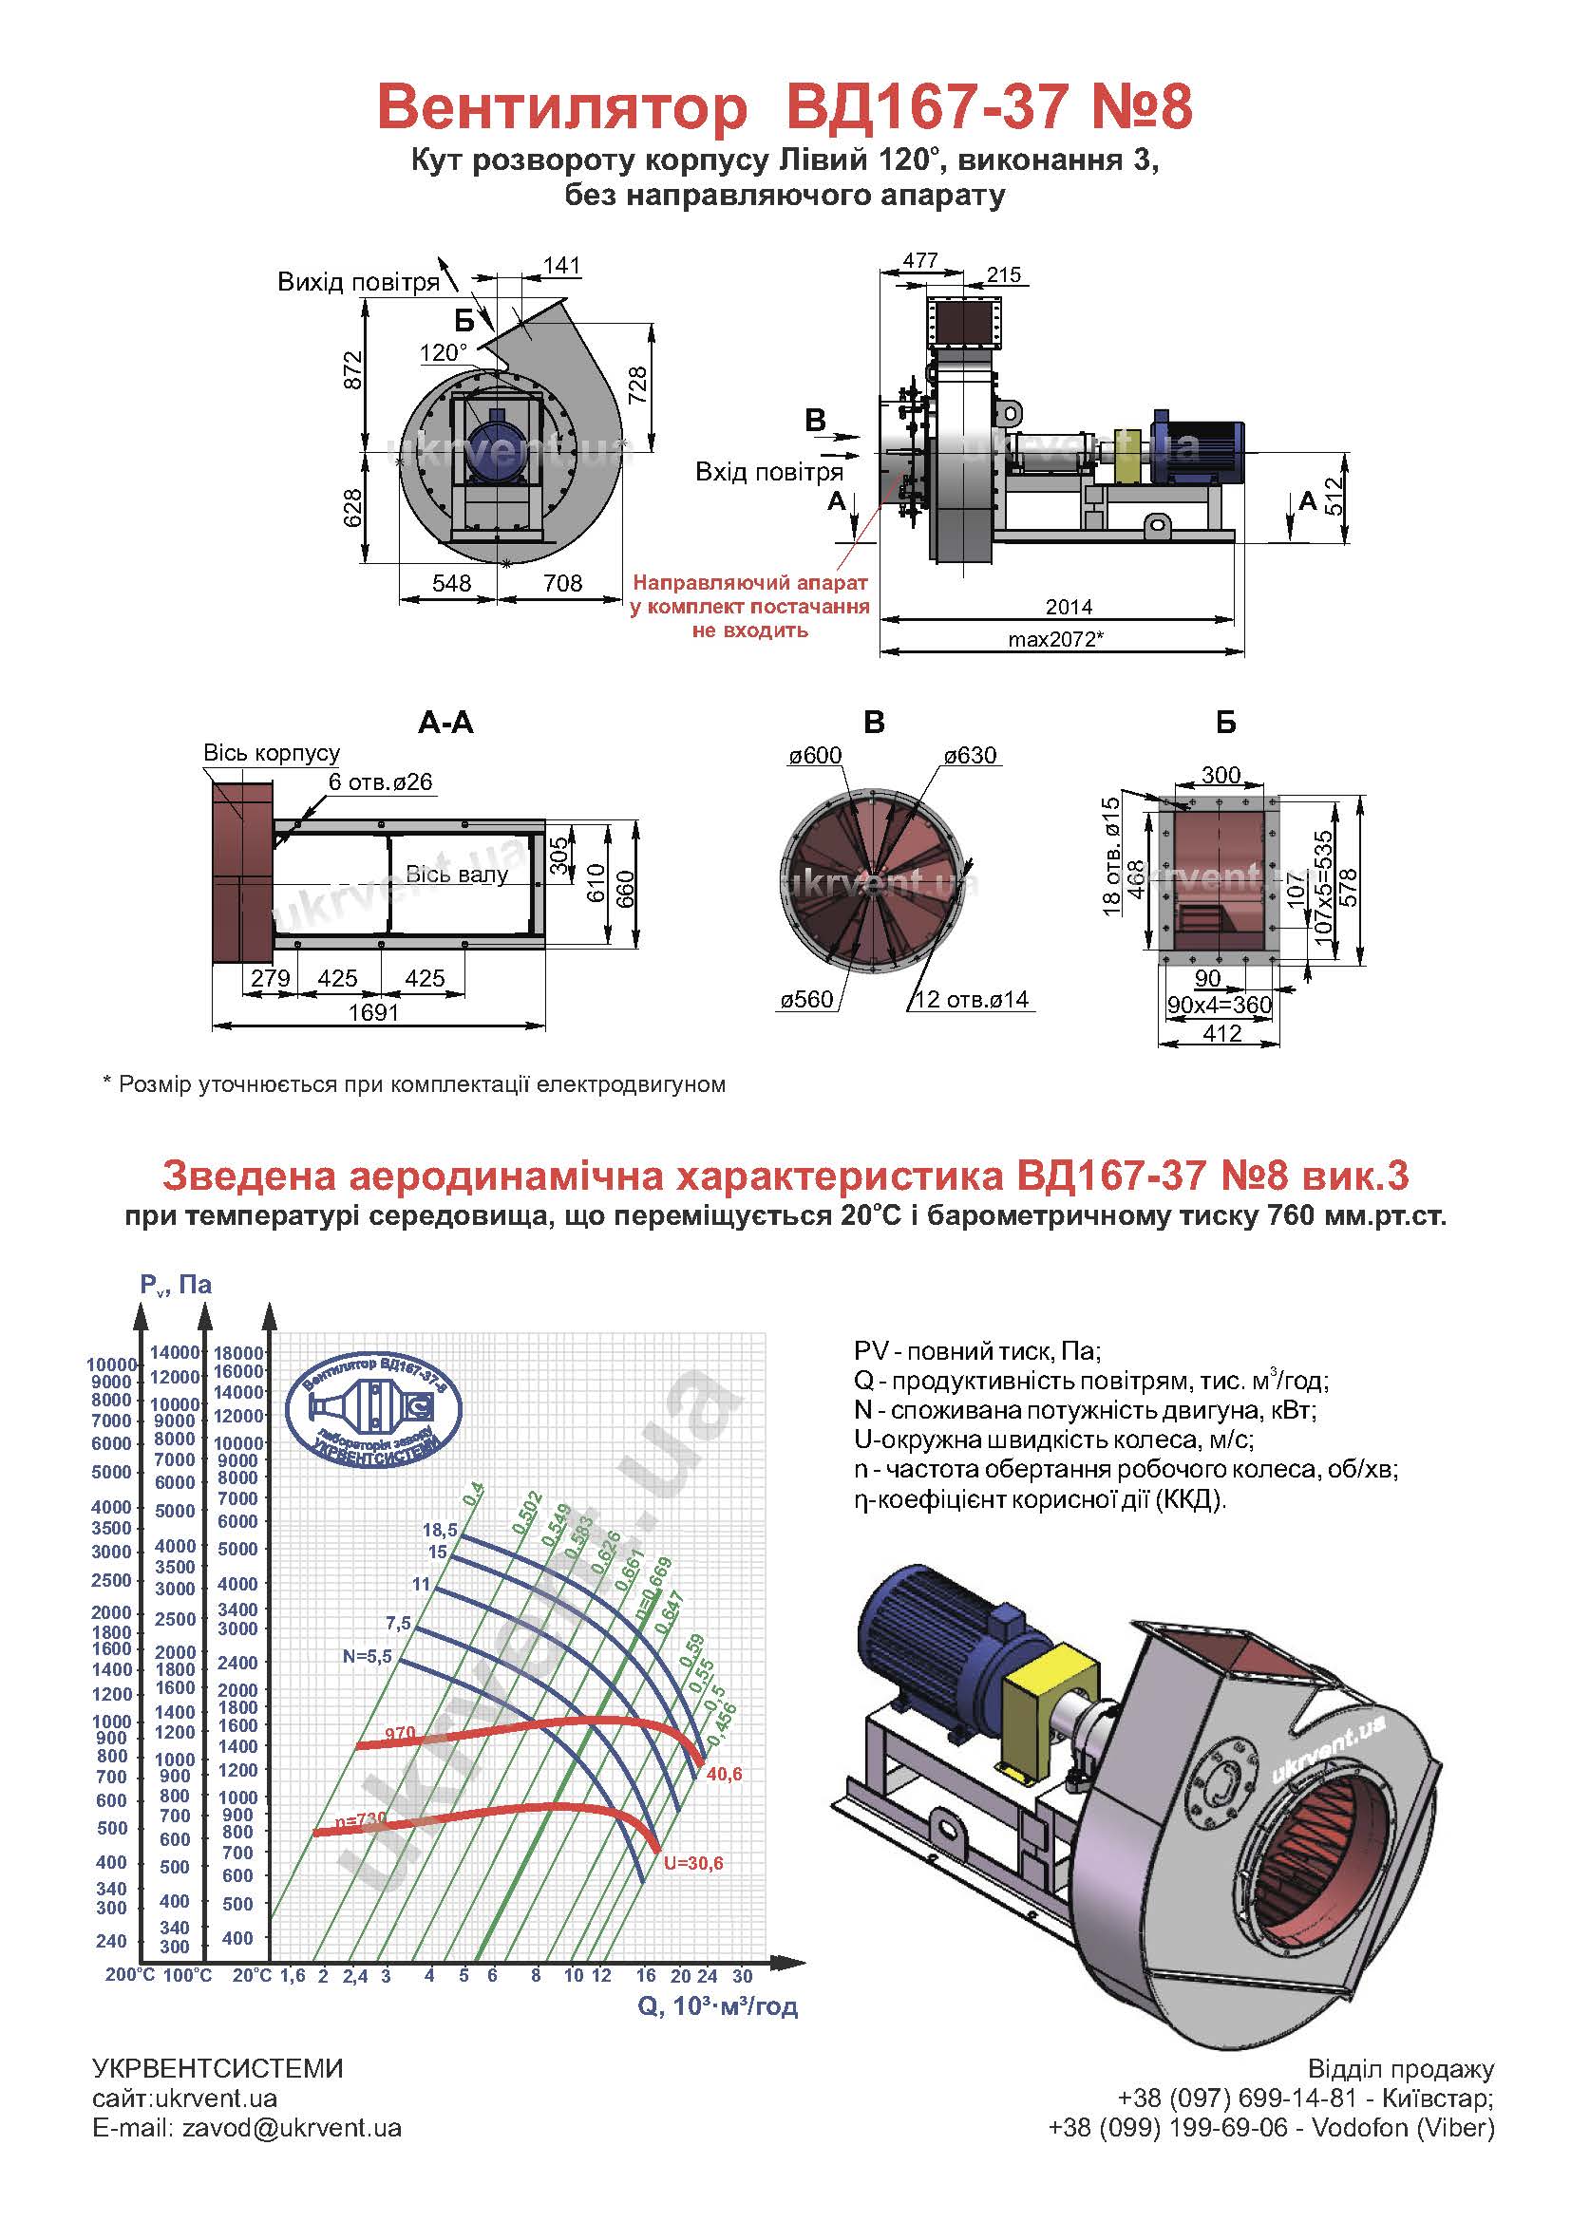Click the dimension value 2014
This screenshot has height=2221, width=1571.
(x=1068, y=607)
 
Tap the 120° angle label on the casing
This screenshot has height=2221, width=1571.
(x=444, y=352)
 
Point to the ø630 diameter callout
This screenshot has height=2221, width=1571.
(x=971, y=756)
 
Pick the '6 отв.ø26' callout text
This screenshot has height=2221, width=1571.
(x=380, y=781)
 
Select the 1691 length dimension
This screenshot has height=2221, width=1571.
(x=374, y=1012)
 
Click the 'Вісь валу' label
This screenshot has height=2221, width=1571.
(x=457, y=875)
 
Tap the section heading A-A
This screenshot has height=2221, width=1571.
(x=446, y=723)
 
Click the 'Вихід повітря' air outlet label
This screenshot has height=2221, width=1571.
(x=358, y=282)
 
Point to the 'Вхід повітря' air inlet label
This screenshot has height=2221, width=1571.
(x=769, y=472)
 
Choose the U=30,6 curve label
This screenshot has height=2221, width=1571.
(x=693, y=1862)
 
